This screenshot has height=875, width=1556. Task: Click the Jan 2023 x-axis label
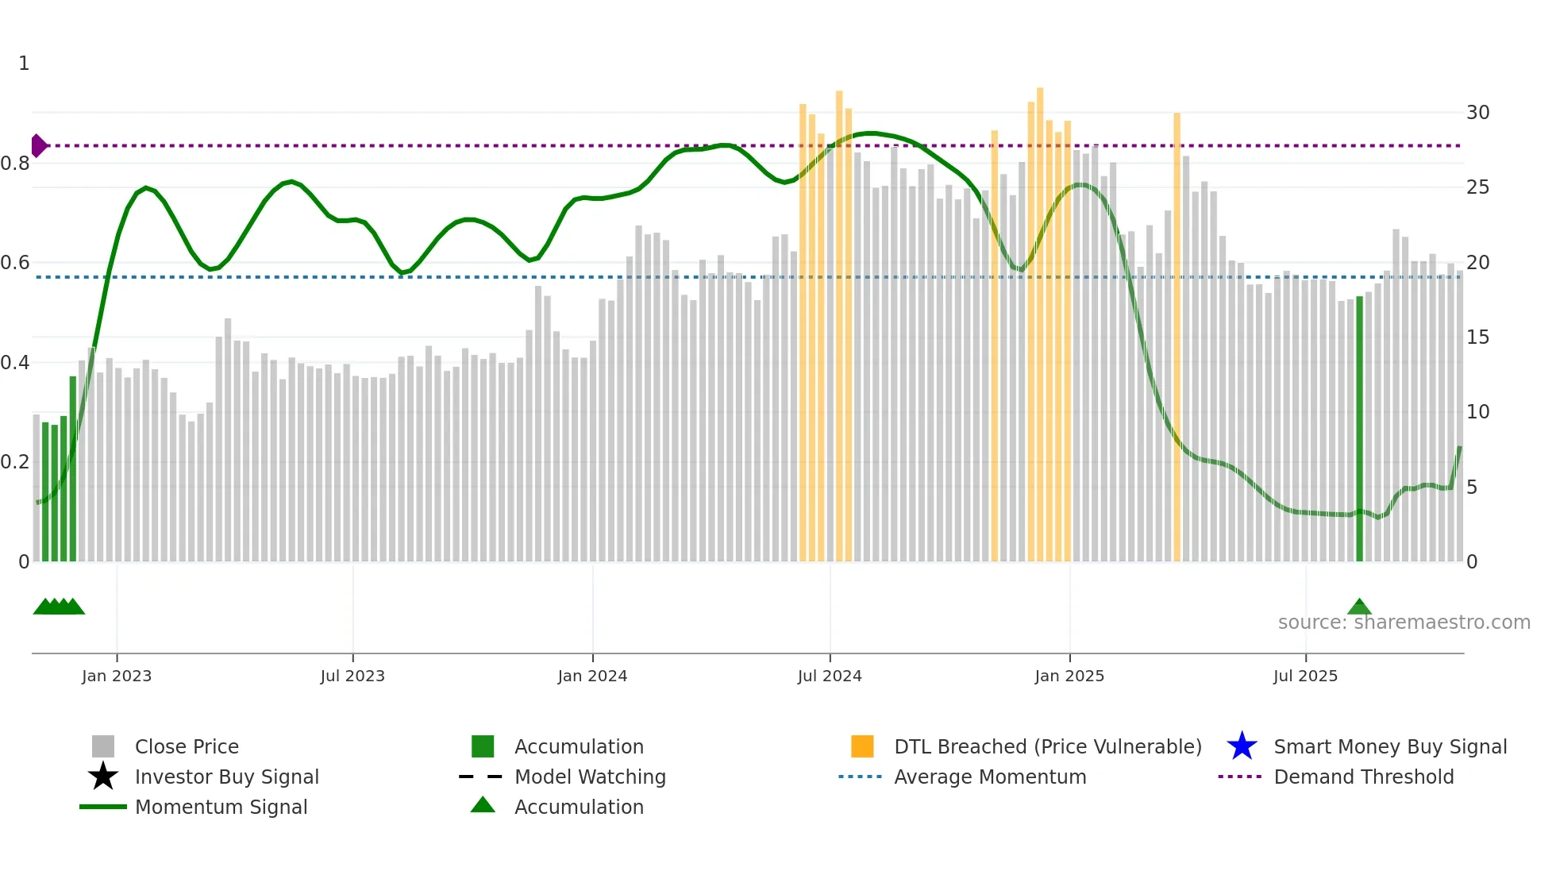[x=116, y=676]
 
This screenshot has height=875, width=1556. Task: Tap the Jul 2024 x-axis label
[x=830, y=676]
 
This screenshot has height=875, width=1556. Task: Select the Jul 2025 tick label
[x=1305, y=676]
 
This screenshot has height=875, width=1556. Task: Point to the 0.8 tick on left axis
[x=15, y=164]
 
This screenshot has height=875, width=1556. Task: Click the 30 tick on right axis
[x=1477, y=113]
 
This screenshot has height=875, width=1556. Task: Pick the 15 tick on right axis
[x=1477, y=337]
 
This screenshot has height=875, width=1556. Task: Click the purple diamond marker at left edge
[x=38, y=146]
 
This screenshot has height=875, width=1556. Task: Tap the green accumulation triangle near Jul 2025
[x=1359, y=607]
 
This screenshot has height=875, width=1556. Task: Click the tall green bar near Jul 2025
[x=1359, y=429]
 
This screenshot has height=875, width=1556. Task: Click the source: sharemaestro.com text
[x=1404, y=623]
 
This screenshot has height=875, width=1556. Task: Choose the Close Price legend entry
[x=187, y=746]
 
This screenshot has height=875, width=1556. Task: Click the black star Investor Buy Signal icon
[x=103, y=777]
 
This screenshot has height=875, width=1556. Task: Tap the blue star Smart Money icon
[x=1242, y=746]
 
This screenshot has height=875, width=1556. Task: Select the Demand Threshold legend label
[x=1363, y=777]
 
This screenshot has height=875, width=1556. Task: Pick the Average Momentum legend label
[x=989, y=777]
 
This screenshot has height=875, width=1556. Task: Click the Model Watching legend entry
[x=589, y=777]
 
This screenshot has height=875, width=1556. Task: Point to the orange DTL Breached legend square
[x=862, y=746]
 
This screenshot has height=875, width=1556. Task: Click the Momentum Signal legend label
[x=221, y=807]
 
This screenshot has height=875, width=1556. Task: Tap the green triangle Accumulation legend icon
[x=483, y=805]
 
